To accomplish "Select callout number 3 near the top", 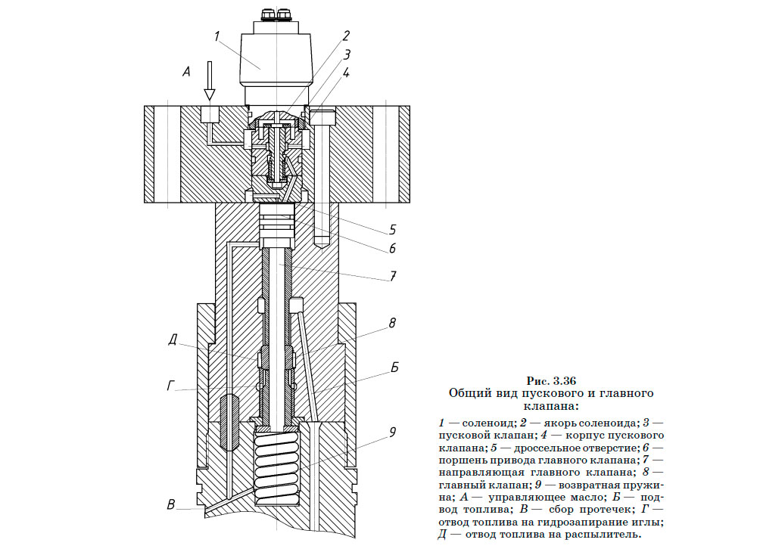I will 345,54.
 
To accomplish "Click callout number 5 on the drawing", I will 393,228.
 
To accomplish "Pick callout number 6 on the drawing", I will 393,248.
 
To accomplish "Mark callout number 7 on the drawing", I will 393,276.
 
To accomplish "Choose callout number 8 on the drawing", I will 393,323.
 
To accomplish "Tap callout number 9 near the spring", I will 392,433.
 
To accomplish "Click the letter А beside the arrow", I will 186,73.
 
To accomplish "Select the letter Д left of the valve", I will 173,342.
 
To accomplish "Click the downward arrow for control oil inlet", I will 210,82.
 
